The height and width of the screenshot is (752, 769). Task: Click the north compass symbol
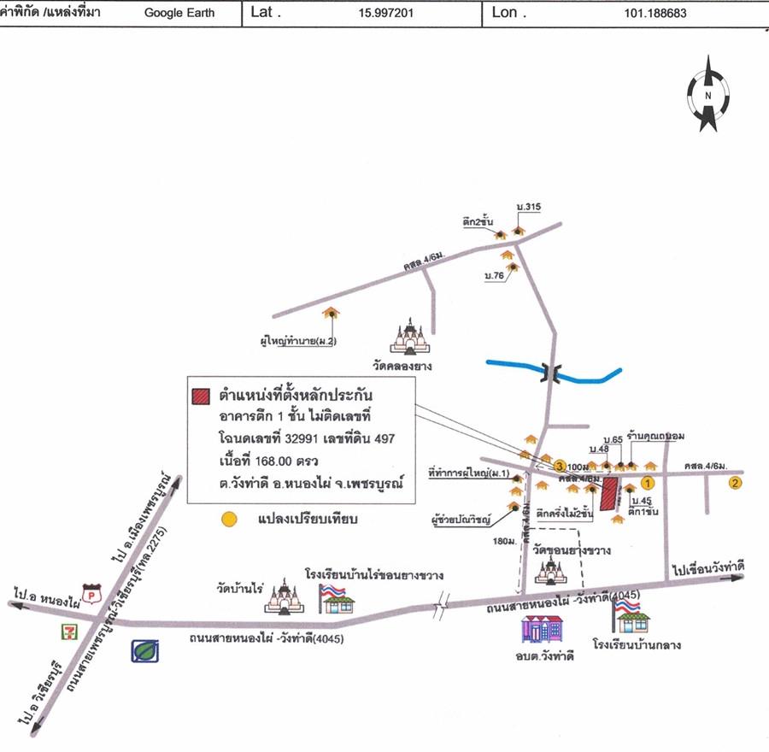(x=708, y=95)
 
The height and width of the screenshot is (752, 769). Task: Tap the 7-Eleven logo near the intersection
(x=63, y=632)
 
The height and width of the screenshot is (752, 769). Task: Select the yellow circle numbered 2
(x=734, y=484)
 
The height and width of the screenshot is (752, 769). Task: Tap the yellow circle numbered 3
(x=559, y=466)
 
